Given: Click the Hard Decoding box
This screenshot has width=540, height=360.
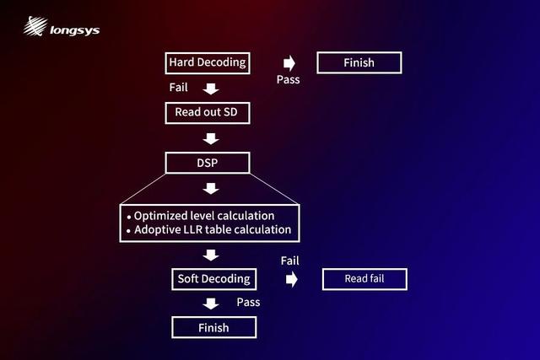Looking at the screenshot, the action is pos(208,63).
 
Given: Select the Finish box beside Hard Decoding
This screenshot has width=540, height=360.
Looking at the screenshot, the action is pos(359,62).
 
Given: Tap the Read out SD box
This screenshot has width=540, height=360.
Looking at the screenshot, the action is pos(208,113).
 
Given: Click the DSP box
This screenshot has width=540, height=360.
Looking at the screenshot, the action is pos(208,163).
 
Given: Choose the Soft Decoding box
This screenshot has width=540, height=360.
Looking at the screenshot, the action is pos(213,279).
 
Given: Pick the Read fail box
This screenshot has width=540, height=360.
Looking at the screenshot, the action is pos(364,279).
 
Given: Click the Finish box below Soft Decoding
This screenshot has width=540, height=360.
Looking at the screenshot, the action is pos(213,328).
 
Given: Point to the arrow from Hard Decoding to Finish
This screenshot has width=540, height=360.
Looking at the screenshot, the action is pos(289,63).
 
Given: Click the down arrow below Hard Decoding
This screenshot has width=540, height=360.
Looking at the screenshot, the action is pos(211,89).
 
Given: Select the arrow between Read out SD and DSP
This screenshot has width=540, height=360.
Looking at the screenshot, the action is pos(211,139).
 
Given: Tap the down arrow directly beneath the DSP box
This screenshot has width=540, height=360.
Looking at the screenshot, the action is pos(211,189).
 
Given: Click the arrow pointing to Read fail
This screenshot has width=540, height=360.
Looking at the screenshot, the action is pos(292,279).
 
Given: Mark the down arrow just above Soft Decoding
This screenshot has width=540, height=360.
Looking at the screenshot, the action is pos(211,255).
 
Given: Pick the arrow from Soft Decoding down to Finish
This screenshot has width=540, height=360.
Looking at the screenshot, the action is pos(211,304).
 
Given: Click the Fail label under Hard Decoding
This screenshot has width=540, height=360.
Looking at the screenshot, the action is pos(178,88).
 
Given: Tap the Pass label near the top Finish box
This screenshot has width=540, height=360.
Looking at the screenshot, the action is pos(289,79).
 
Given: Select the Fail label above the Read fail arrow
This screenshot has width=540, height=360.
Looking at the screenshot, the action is pos(289,261).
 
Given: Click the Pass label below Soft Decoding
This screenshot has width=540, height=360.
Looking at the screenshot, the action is pos(248,302).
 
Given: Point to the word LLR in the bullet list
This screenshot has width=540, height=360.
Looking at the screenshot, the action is pos(193,229).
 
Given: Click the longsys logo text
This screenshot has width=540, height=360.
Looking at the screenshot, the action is pos(75,30).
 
